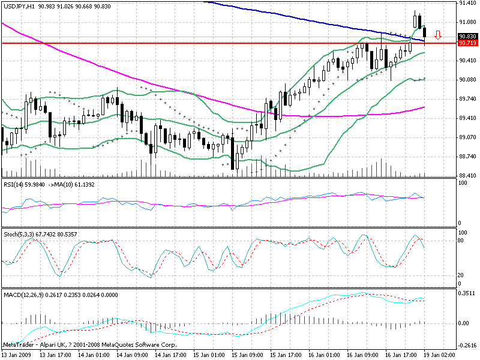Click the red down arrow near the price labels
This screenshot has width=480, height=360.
point(439,35)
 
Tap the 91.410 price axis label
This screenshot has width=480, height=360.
point(467,4)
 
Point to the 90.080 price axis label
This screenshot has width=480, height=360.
point(467,80)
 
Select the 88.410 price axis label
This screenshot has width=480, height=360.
point(467,175)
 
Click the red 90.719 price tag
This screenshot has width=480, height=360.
point(467,43)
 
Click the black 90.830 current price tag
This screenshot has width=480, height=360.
point(467,37)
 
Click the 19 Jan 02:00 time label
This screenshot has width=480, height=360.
point(441,355)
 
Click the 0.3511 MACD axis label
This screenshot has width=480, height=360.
point(467,294)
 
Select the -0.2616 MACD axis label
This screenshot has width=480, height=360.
point(467,346)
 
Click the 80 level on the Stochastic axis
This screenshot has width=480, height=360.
point(462,240)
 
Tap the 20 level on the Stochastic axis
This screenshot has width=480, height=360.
point(462,275)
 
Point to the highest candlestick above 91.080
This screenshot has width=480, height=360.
point(416,20)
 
